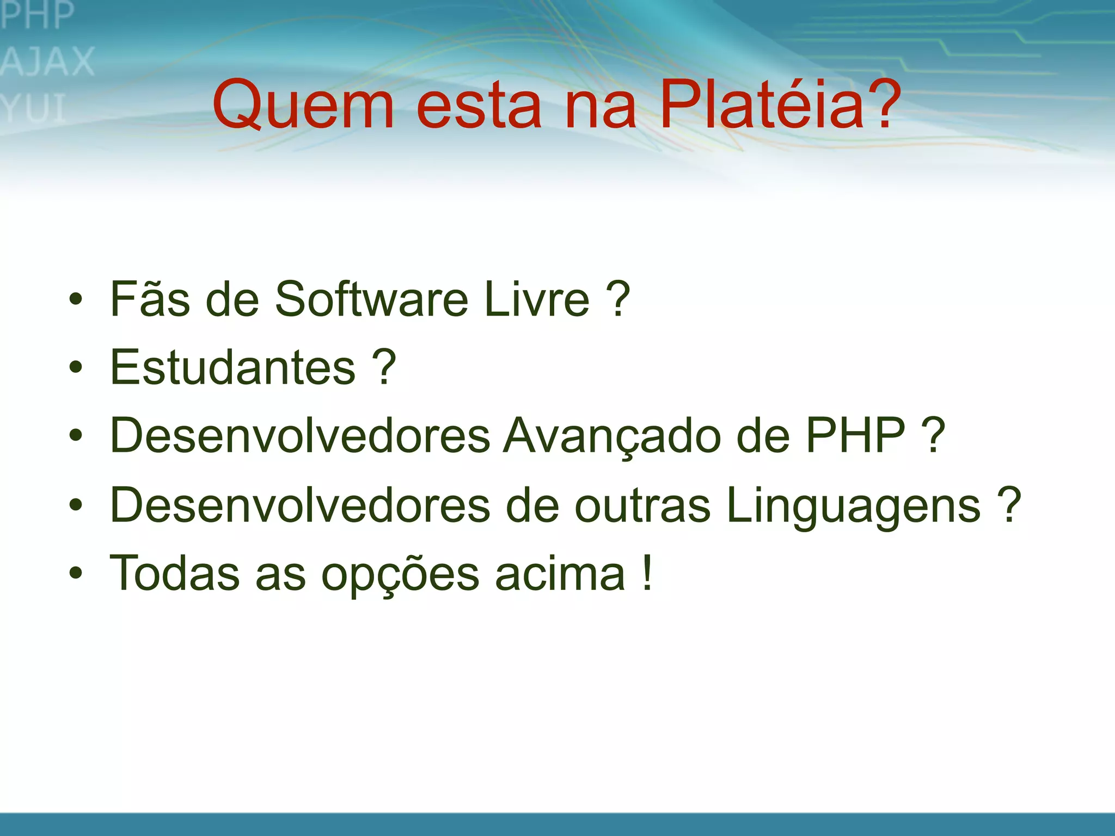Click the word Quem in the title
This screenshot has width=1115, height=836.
pyautogui.click(x=303, y=104)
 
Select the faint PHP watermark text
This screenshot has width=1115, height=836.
pyautogui.click(x=37, y=15)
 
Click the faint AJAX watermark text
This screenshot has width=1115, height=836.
pyautogui.click(x=48, y=62)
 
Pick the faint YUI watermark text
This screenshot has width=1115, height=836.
pyautogui.click(x=34, y=108)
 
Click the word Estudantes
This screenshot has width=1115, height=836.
pyautogui.click(x=233, y=367)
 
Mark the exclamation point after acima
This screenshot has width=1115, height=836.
pyautogui.click(x=647, y=573)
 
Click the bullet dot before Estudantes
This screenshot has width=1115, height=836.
pyautogui.click(x=76, y=367)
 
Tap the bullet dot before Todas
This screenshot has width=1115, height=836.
pyautogui.click(x=76, y=573)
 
